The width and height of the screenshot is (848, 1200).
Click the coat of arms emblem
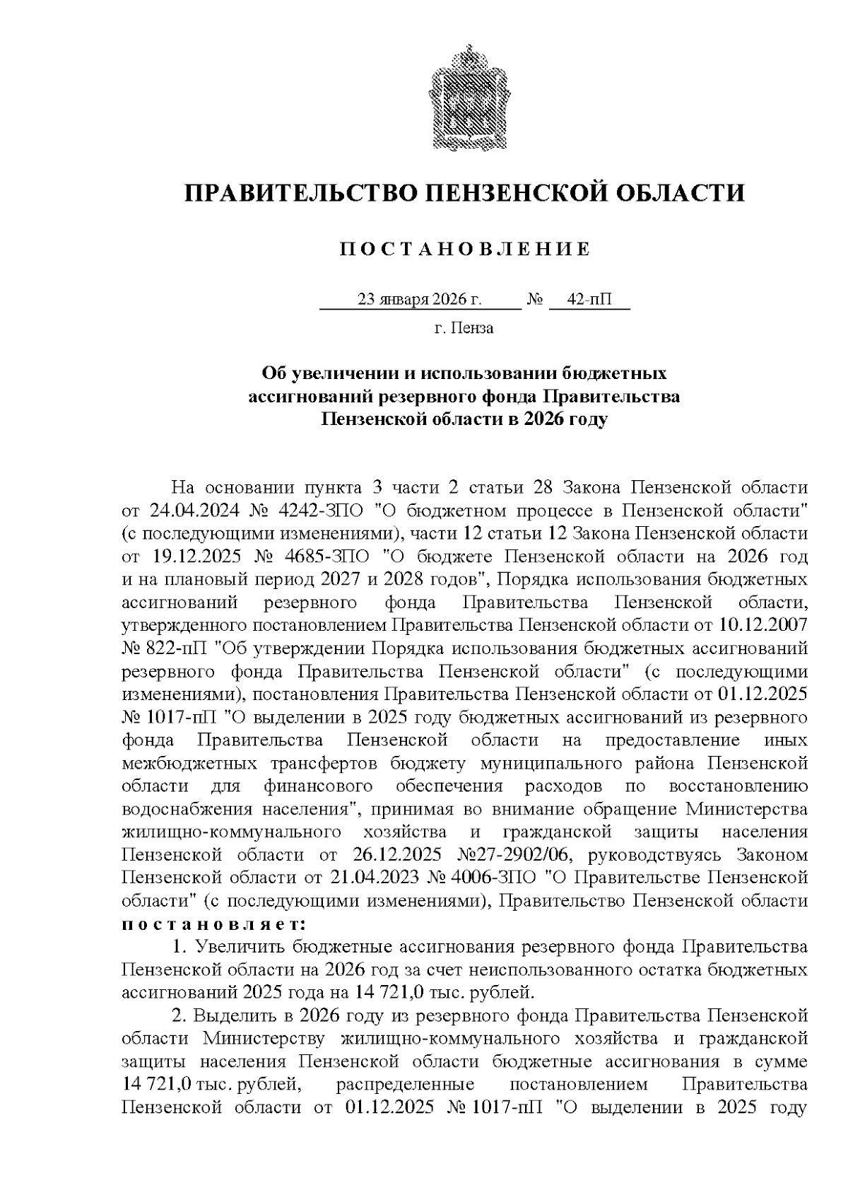tap(465, 98)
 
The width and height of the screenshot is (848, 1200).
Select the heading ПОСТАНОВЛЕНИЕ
tap(464, 249)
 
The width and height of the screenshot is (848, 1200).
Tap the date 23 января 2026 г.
tap(420, 299)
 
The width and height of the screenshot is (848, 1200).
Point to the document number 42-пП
tap(589, 299)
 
